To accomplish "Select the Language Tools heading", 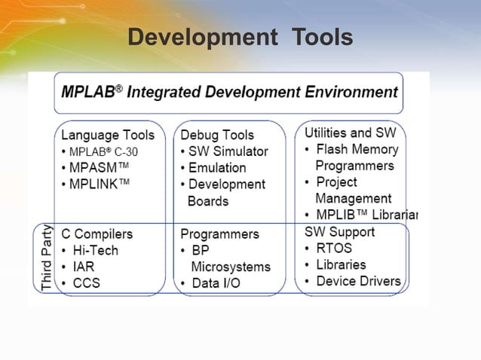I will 108,135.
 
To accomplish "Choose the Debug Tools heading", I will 217,135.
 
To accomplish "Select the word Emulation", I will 217,168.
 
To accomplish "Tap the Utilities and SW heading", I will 350,133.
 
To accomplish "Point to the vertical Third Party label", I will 47,257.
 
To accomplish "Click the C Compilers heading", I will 97,234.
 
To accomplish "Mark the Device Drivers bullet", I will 358,281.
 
